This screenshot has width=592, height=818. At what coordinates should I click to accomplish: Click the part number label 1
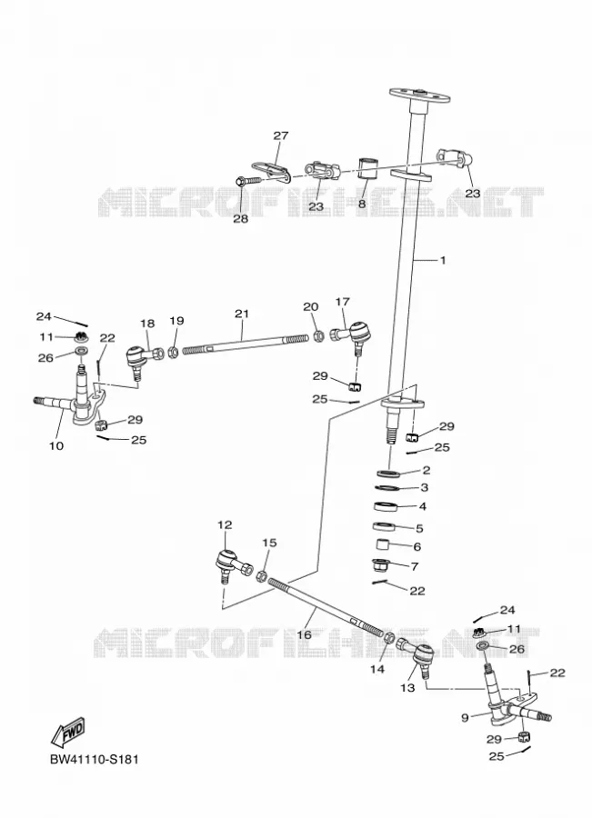[443, 260]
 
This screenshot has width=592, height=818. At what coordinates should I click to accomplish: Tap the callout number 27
[280, 135]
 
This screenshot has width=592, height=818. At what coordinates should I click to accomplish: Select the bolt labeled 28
[248, 181]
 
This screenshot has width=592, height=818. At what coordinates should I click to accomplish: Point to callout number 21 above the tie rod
[242, 314]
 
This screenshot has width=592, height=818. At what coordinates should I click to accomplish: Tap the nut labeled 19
[175, 352]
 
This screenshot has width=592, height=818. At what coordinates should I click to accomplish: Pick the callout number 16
[304, 635]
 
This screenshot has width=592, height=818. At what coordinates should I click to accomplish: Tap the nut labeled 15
[262, 576]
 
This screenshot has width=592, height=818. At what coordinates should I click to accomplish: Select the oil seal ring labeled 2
[389, 473]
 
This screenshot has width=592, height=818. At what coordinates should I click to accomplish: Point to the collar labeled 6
[384, 546]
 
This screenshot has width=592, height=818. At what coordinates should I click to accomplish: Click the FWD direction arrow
[68, 732]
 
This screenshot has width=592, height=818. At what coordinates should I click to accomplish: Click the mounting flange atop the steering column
[419, 96]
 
